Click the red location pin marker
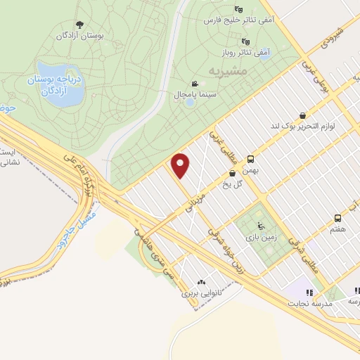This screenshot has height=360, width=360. pos(181,166)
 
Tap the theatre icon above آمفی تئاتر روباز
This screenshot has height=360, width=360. pos(244,41)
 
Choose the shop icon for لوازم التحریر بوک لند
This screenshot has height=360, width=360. pos(302,115)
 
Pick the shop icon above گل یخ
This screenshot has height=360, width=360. pos(232,173)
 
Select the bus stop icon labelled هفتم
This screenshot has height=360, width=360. pos(337,217)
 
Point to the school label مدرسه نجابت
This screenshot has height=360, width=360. pos(306,303)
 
